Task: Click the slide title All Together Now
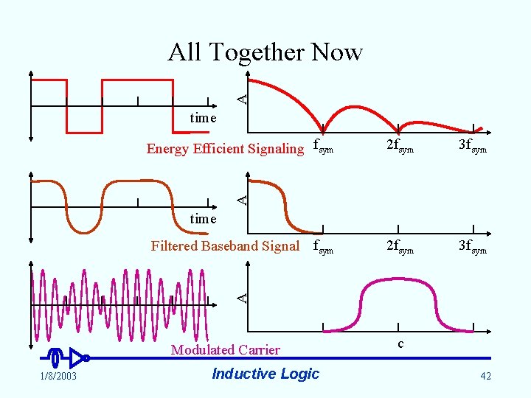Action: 265,52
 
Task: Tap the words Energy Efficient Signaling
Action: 225,149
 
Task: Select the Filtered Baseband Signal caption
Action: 225,246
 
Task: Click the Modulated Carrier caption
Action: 225,350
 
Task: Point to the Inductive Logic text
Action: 265,374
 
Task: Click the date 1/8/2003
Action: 57,377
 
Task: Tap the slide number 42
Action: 485,377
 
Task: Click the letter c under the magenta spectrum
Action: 400,343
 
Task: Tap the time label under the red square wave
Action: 203,118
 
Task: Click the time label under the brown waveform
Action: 203,219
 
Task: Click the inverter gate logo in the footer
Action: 70,358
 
